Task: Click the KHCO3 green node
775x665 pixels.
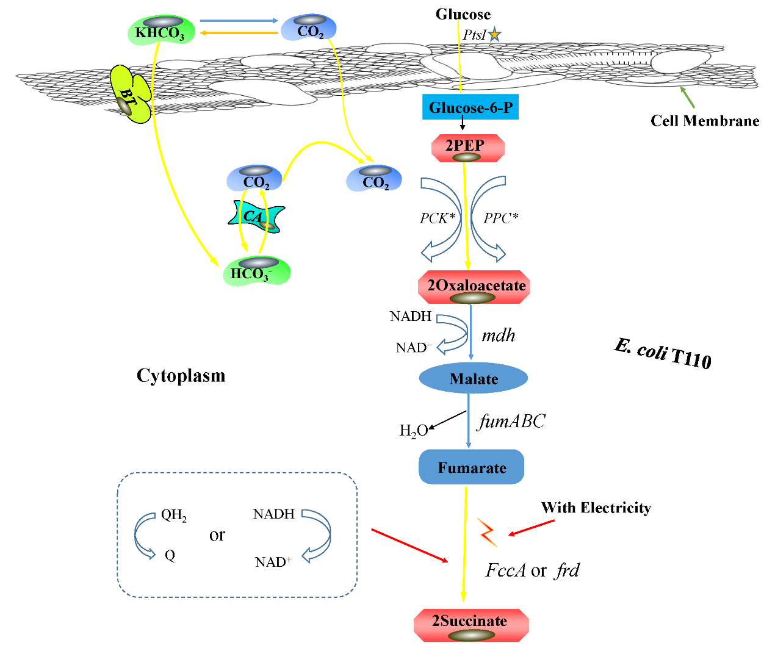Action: click(x=160, y=31)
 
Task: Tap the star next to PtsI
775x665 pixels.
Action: click(x=494, y=35)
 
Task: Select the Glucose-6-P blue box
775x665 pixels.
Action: click(x=470, y=107)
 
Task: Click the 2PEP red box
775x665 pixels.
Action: click(x=467, y=148)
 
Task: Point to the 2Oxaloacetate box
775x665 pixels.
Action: click(x=474, y=287)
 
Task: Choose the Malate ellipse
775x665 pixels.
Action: click(x=474, y=378)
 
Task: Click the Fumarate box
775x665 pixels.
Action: click(x=472, y=467)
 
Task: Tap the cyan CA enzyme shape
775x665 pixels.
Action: click(x=256, y=217)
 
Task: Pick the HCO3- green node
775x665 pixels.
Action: click(x=256, y=271)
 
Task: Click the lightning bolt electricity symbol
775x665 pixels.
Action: click(x=487, y=532)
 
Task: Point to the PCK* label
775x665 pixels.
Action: click(x=438, y=218)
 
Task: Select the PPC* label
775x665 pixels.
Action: click(x=501, y=218)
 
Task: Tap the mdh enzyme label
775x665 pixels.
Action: click(x=499, y=336)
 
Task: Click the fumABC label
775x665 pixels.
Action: click(x=511, y=421)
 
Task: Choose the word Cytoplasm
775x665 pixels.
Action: click(x=181, y=375)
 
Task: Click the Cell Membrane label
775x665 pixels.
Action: click(x=705, y=121)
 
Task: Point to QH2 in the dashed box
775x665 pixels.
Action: click(x=173, y=516)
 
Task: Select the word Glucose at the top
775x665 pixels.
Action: click(x=463, y=14)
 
